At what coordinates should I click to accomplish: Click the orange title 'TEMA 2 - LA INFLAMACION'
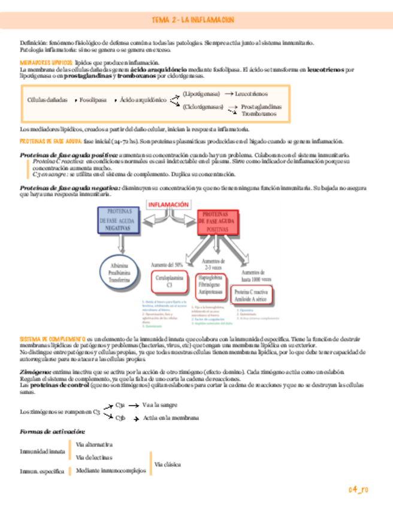tap(193, 20)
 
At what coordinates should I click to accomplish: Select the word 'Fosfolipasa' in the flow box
tap(93, 99)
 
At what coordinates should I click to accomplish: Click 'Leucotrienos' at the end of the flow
tap(252, 94)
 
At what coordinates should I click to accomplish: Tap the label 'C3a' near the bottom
tap(120, 405)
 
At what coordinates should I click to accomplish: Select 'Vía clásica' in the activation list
tap(170, 464)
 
